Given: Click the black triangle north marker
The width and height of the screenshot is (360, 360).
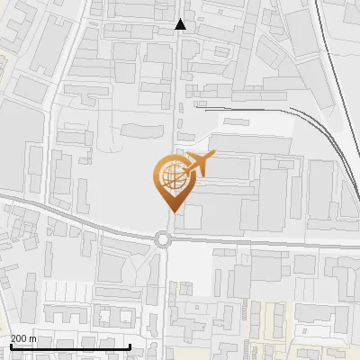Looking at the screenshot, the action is click(x=181, y=24).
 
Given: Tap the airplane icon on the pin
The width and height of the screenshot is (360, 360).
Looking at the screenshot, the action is click(x=196, y=166).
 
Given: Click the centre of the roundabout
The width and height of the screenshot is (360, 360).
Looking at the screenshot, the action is click(x=163, y=239).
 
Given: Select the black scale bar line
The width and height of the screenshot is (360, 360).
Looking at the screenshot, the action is click(x=70, y=346).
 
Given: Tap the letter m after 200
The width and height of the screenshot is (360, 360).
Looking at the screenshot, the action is click(x=34, y=339).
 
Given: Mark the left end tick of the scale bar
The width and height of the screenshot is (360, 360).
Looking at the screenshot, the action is click(x=11, y=346).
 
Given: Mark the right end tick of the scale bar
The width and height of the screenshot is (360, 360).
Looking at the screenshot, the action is click(x=130, y=346).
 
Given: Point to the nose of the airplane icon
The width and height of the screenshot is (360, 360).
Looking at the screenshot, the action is click(x=212, y=158).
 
